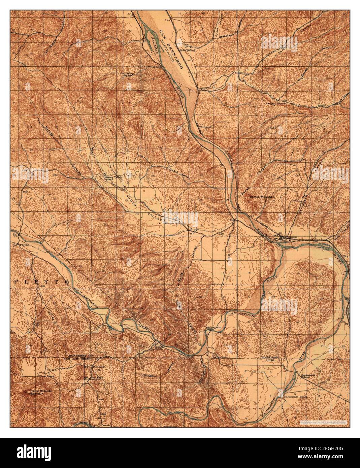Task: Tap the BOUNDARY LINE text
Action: (x=270, y=358)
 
